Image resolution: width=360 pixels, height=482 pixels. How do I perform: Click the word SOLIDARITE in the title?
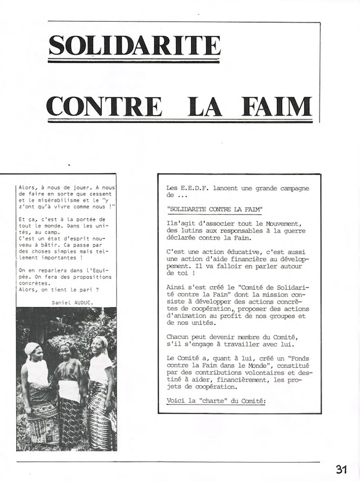pos(134,45)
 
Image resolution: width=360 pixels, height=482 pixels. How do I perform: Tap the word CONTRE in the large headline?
pos(104,106)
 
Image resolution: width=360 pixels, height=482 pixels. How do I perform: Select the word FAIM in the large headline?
pos(277,106)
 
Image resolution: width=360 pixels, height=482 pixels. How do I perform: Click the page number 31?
pos(342,469)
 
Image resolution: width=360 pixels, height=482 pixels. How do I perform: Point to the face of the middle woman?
pos(65,349)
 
